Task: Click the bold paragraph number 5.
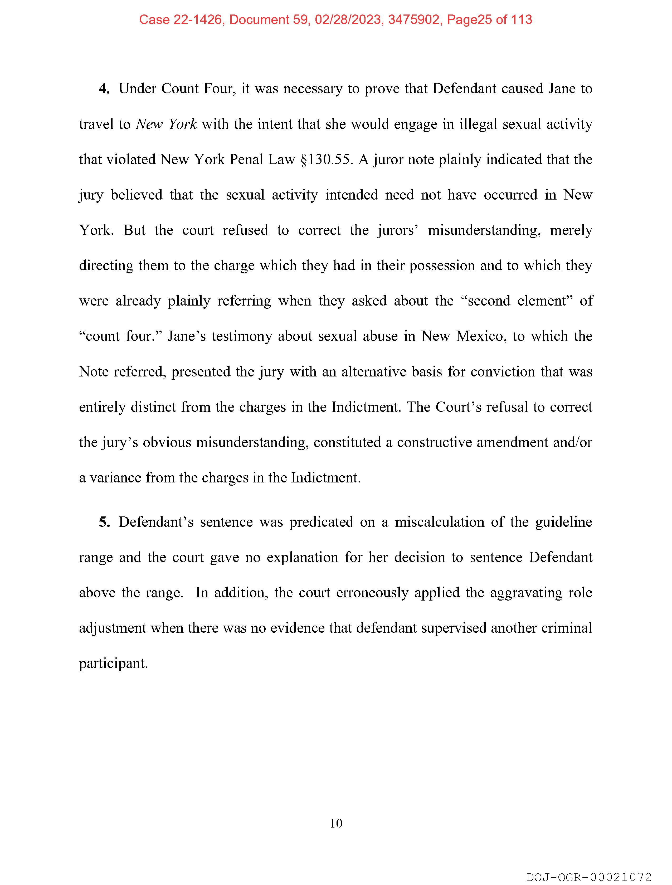104,522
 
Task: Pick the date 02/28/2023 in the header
348,20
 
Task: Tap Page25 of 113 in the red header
490,20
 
